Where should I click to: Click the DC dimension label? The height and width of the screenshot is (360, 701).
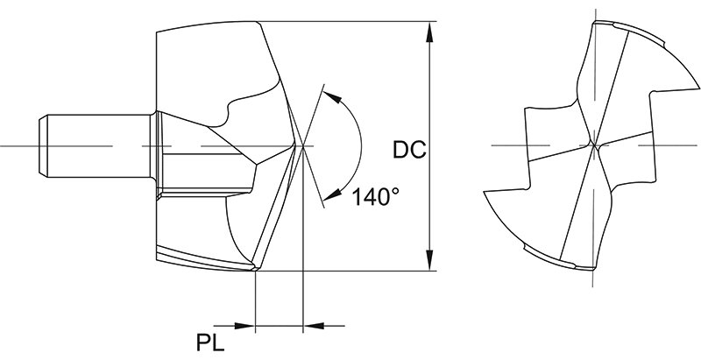pos(408,151)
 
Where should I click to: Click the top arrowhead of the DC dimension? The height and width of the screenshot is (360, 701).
pos(430,32)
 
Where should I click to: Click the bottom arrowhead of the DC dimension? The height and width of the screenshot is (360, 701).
pos(430,261)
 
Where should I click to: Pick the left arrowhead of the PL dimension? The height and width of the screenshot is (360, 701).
pos(245,326)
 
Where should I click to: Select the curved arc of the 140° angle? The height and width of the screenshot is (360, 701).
pos(361,145)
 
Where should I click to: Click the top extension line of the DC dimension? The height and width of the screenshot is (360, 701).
pos(350,20)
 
